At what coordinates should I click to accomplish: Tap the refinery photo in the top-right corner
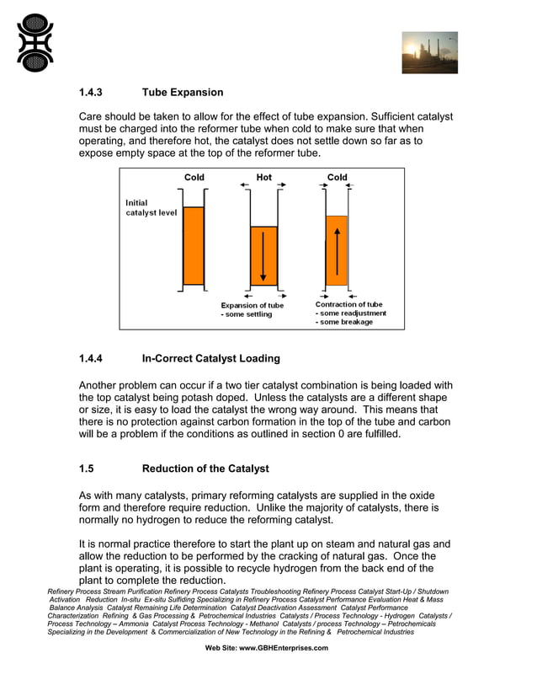coord(429,53)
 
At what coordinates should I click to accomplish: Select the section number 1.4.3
coord(93,92)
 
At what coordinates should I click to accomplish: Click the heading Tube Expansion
coord(183,92)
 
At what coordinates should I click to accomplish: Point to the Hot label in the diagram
coord(263,177)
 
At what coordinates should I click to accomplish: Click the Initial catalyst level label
coord(152,207)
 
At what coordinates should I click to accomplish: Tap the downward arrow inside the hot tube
coord(263,256)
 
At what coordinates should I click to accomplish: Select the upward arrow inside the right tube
coord(337,249)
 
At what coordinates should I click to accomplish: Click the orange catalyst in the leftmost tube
coord(194,246)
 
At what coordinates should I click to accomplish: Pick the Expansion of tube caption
coord(253,305)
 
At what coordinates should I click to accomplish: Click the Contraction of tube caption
coord(348,304)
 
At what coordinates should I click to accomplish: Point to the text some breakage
coord(344,322)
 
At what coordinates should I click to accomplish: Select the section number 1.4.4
coord(93,358)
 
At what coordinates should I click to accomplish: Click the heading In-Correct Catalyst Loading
coord(211,358)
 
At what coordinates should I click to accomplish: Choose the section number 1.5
coord(87,468)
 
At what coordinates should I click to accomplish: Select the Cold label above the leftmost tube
coord(194,177)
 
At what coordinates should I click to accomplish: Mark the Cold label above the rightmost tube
coord(337,177)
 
